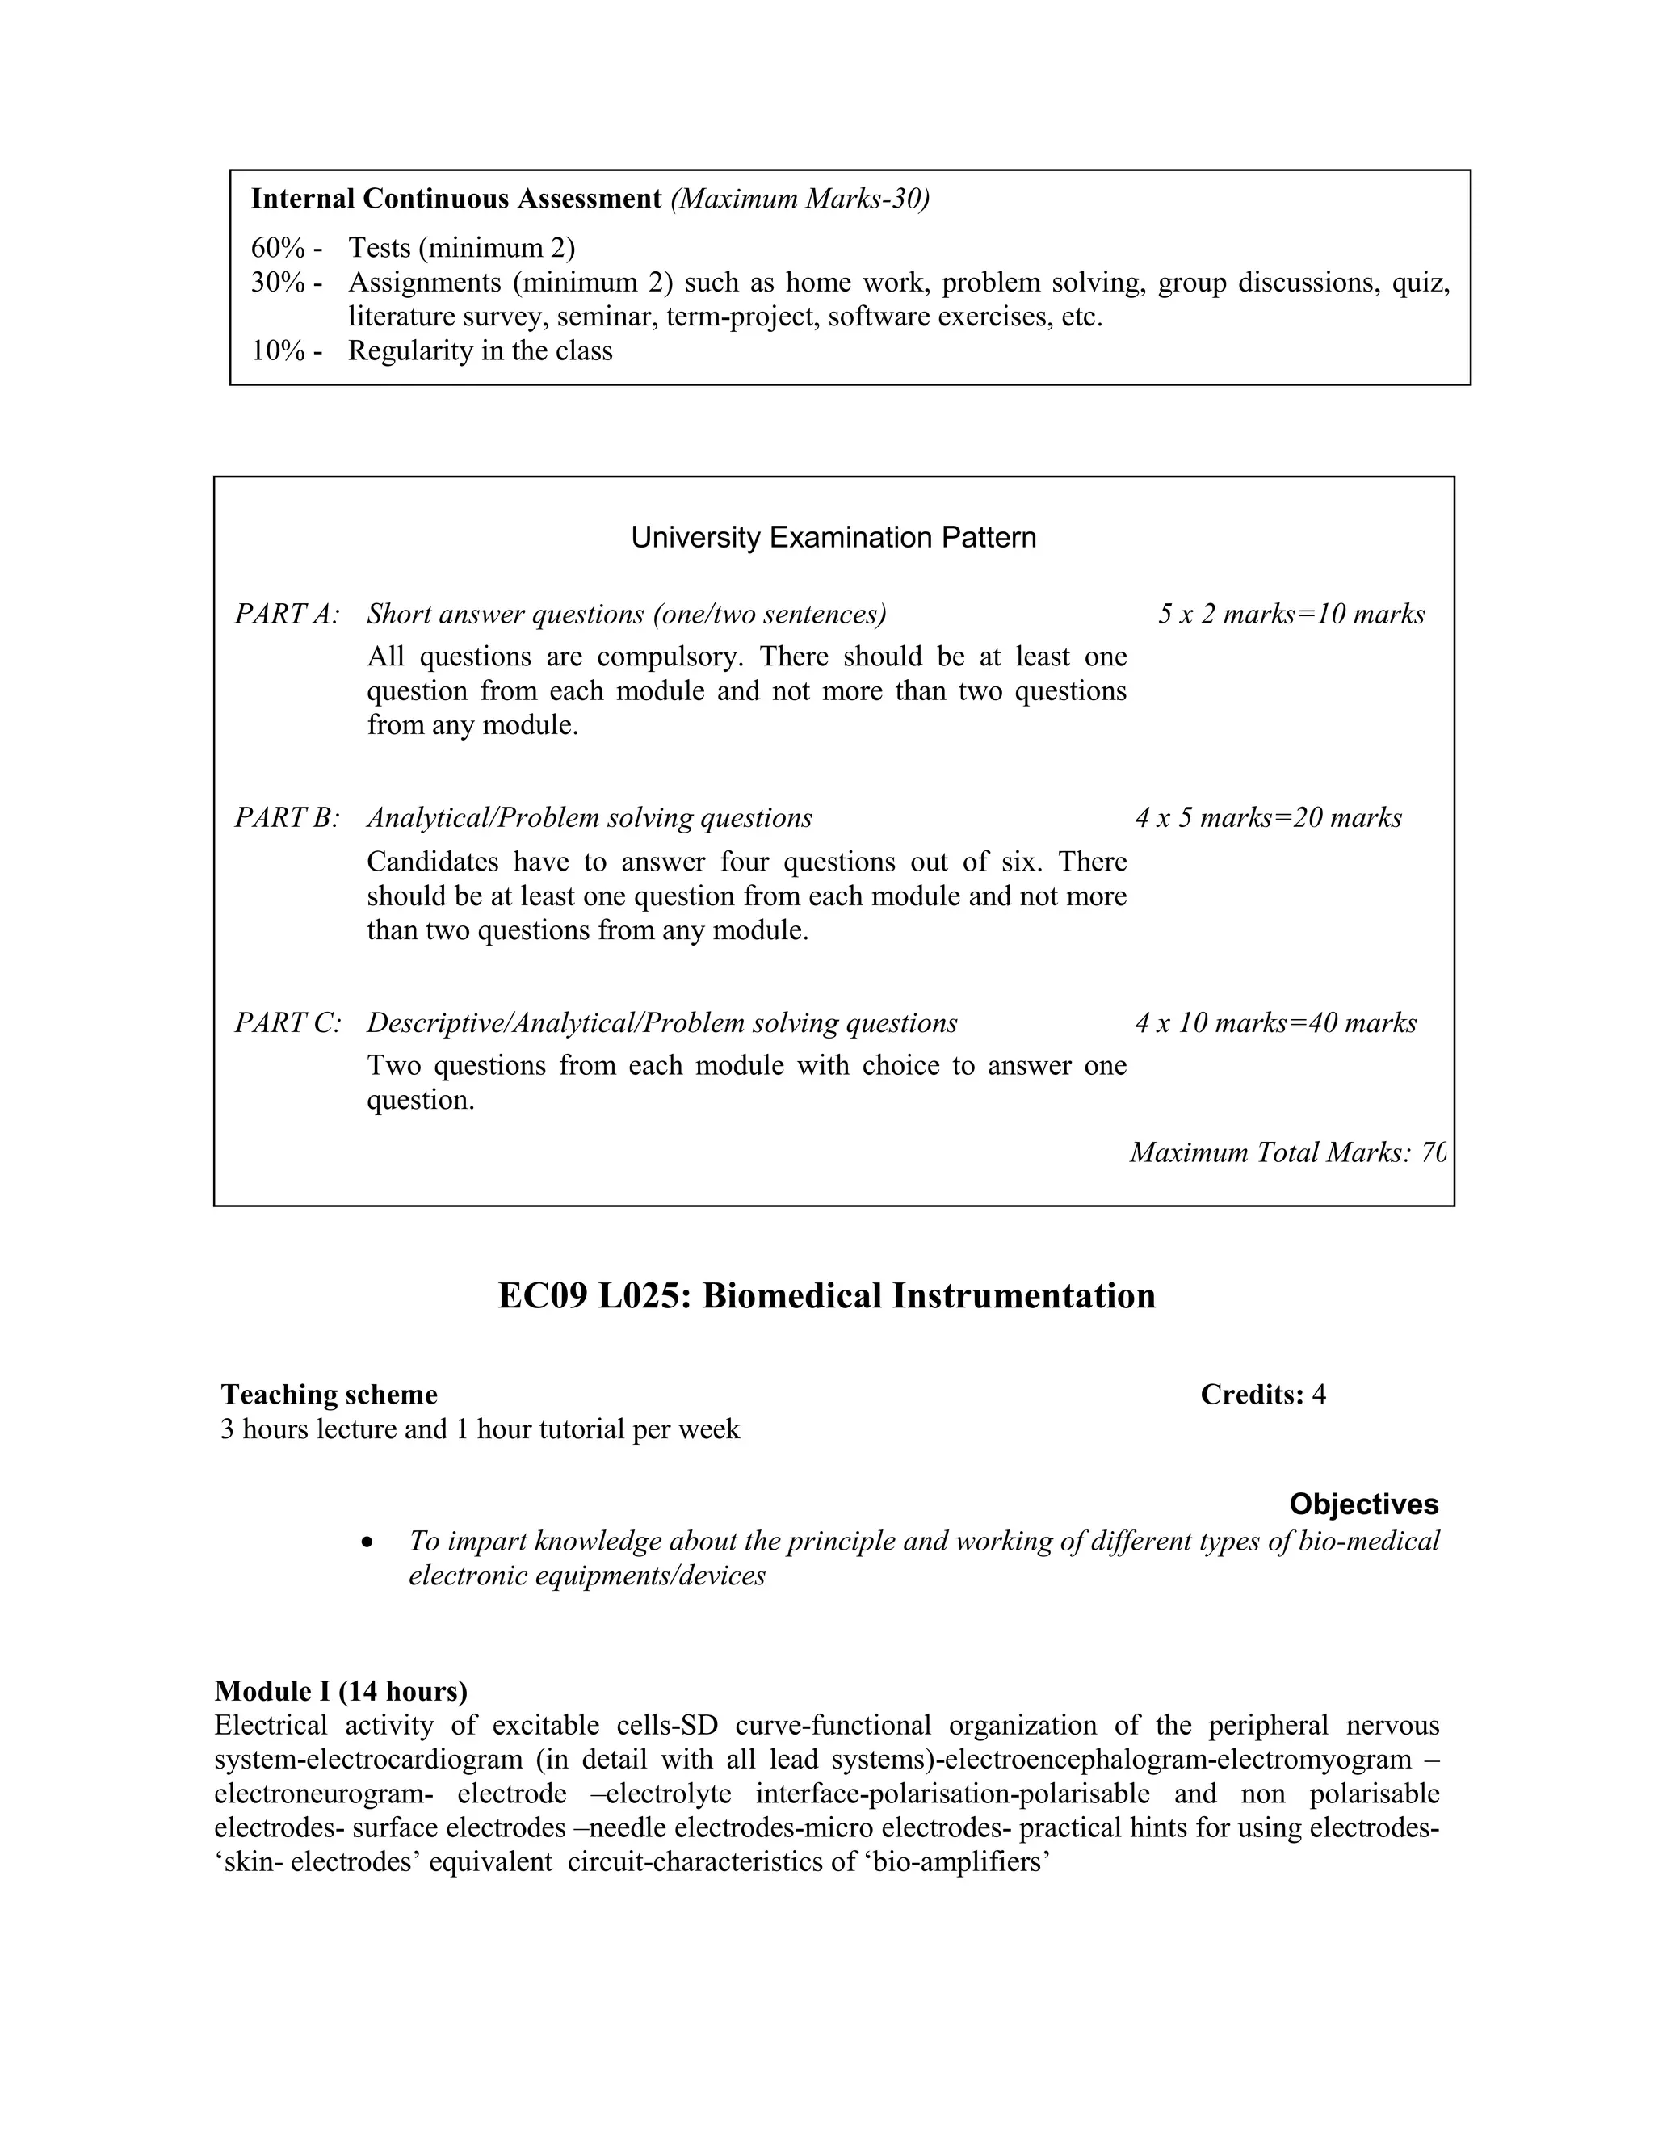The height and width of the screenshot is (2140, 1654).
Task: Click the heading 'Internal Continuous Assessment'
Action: [x=455, y=199]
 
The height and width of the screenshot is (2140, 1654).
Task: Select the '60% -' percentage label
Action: [x=286, y=248]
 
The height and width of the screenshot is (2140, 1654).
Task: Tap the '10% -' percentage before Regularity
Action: [x=286, y=350]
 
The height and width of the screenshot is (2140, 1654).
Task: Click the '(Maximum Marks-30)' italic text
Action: [x=800, y=199]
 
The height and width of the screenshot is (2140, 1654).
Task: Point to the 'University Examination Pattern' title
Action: [x=833, y=537]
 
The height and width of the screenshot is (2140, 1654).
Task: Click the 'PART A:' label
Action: [x=287, y=615]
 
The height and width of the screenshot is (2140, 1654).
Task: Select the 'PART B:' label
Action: [x=287, y=817]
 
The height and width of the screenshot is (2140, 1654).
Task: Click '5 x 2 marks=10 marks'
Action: [x=1291, y=615]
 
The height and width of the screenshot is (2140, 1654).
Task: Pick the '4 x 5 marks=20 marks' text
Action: [x=1268, y=817]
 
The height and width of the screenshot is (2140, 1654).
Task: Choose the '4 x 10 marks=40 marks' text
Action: [x=1276, y=1023]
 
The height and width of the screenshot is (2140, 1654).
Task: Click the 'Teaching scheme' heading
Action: [x=330, y=1395]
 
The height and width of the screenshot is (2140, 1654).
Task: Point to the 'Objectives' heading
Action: [x=1363, y=1504]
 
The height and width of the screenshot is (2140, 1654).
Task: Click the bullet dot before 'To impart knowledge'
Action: [x=367, y=1542]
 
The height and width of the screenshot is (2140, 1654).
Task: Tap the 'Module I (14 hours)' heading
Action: [x=341, y=1691]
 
